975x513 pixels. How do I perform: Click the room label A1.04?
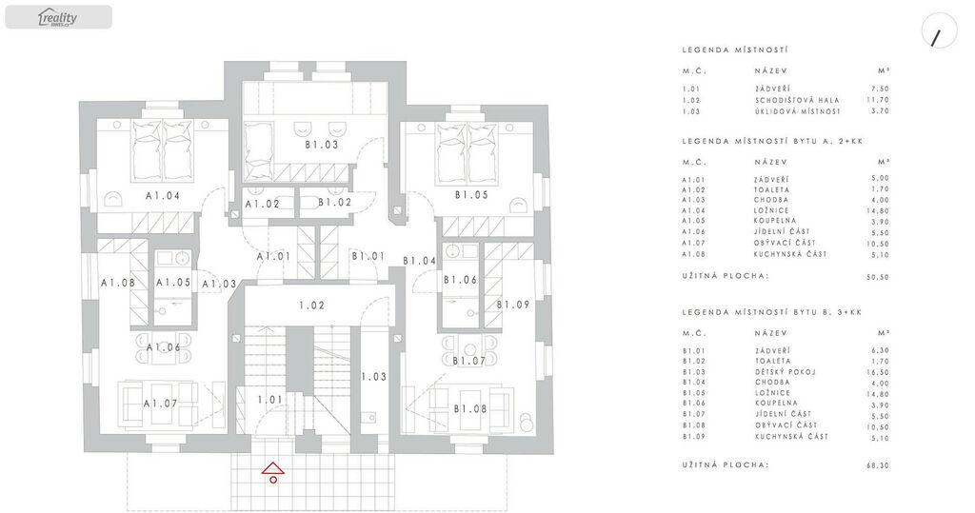pyautogui.click(x=163, y=195)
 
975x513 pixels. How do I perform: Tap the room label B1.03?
pyautogui.click(x=322, y=145)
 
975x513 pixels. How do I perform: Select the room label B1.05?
pyautogui.click(x=471, y=194)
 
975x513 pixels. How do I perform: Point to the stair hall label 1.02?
pyautogui.click(x=311, y=306)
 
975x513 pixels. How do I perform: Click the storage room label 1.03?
pyautogui.click(x=373, y=376)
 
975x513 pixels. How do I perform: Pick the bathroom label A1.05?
pyautogui.click(x=173, y=283)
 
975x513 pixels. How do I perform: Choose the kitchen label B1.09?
pyautogui.click(x=513, y=305)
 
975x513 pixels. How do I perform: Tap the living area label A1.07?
pyautogui.click(x=160, y=404)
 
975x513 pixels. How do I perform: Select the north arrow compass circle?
pyautogui.click(x=939, y=31)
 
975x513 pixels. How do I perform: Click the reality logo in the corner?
pyautogui.click(x=58, y=17)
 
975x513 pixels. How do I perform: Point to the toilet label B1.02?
pyautogui.click(x=334, y=202)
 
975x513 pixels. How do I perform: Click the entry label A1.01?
pyautogui.click(x=273, y=256)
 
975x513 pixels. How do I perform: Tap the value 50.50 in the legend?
pyautogui.click(x=877, y=277)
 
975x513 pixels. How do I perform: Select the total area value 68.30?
pyautogui.click(x=877, y=465)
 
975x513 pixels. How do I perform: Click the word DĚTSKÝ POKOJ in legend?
pyautogui.click(x=785, y=372)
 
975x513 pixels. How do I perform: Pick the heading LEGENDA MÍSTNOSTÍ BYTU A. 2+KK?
pyautogui.click(x=772, y=141)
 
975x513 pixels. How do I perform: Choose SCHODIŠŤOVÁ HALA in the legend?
pyautogui.click(x=797, y=100)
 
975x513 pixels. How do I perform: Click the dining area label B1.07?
pyautogui.click(x=468, y=361)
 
